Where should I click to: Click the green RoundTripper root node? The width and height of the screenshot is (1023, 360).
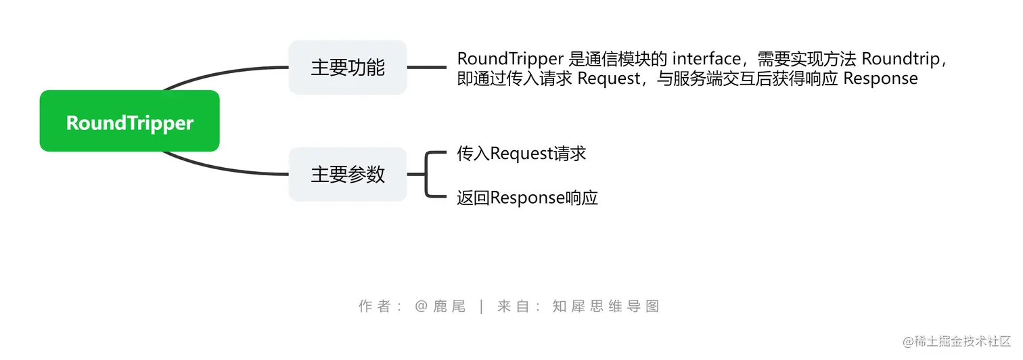click(x=129, y=122)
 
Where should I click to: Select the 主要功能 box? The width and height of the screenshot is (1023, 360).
click(x=347, y=67)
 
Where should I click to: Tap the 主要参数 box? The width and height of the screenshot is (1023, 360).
click(x=347, y=174)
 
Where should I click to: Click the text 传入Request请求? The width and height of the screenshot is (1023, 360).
click(x=521, y=154)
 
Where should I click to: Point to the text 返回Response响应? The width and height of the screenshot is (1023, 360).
click(x=527, y=198)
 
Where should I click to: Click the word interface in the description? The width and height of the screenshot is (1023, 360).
click(x=706, y=59)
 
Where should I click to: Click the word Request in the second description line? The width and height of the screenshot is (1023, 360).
click(x=608, y=78)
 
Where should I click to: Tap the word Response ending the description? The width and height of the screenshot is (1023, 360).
click(x=880, y=78)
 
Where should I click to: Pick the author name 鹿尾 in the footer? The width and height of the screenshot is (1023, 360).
click(x=450, y=306)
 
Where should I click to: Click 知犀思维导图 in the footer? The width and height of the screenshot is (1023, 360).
click(x=606, y=306)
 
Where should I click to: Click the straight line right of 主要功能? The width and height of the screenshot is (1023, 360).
click(x=426, y=67)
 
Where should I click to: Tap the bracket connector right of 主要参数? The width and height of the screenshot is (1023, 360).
click(x=426, y=174)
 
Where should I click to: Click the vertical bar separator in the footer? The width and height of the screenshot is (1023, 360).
click(x=481, y=306)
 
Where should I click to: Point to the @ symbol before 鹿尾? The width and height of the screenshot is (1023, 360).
click(x=422, y=306)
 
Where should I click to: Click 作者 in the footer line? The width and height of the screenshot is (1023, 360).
click(x=375, y=306)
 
